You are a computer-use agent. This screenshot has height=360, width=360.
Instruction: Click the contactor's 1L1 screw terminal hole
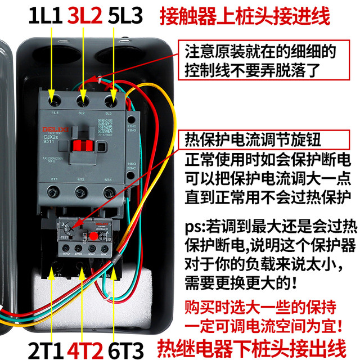[x=55, y=102]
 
